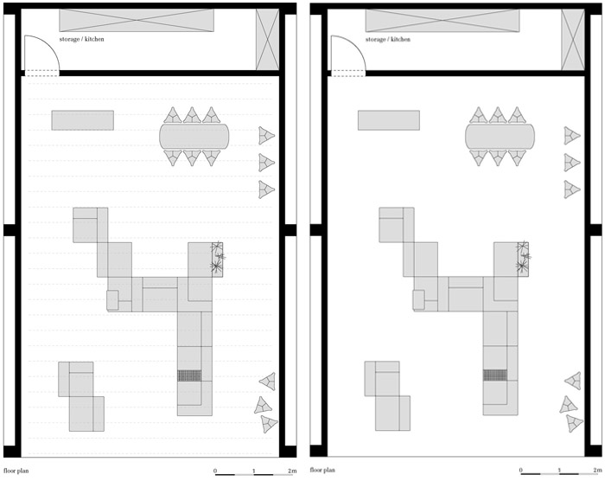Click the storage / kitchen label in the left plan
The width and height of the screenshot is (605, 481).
coord(81,39)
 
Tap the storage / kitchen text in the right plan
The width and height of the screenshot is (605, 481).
coord(388,39)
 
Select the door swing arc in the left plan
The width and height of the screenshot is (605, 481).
coord(49,47)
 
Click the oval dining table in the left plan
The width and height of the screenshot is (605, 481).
coord(194,136)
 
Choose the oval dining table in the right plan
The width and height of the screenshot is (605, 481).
coord(500,136)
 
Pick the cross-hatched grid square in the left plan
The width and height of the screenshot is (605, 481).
coord(189,375)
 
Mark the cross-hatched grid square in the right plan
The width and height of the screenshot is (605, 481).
coord(495,375)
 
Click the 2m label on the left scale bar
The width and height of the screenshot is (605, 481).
coord(292,471)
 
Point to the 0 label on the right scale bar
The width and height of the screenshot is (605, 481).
coord(521,470)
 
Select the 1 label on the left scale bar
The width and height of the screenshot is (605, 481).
coord(254,471)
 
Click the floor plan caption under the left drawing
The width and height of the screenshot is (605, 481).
coord(16,471)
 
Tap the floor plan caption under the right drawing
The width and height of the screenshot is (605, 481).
coord(322,470)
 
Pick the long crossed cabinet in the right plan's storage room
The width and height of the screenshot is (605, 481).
coord(443,21)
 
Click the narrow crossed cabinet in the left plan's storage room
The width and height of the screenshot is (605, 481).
coord(267,40)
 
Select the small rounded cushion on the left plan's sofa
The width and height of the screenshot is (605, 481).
coord(112,300)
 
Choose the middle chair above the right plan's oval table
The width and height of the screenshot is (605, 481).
coord(498,115)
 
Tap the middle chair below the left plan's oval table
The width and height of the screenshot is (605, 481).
coord(192,157)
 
